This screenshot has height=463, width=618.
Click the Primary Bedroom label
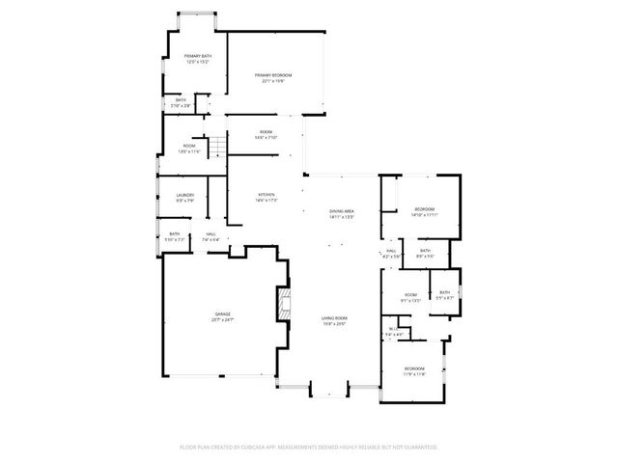(x=273, y=74)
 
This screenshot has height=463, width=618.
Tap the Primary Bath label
(x=198, y=56)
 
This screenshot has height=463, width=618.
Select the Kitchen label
(x=267, y=195)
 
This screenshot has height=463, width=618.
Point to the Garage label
(x=223, y=313)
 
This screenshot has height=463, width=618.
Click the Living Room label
(x=334, y=317)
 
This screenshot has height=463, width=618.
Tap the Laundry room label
(x=185, y=195)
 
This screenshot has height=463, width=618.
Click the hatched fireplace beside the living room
(x=284, y=304)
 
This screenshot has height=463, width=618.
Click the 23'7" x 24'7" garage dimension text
(x=223, y=319)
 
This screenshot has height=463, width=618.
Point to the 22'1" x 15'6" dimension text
(x=273, y=81)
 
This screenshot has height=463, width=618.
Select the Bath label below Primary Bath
(x=181, y=99)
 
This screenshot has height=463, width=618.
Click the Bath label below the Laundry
(x=175, y=232)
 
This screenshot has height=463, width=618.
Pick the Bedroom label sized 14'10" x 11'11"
(x=425, y=209)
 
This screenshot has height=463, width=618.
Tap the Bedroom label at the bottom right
(x=413, y=368)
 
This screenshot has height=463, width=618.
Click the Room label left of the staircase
(x=189, y=146)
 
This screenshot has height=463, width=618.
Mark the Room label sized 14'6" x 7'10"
(x=266, y=131)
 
